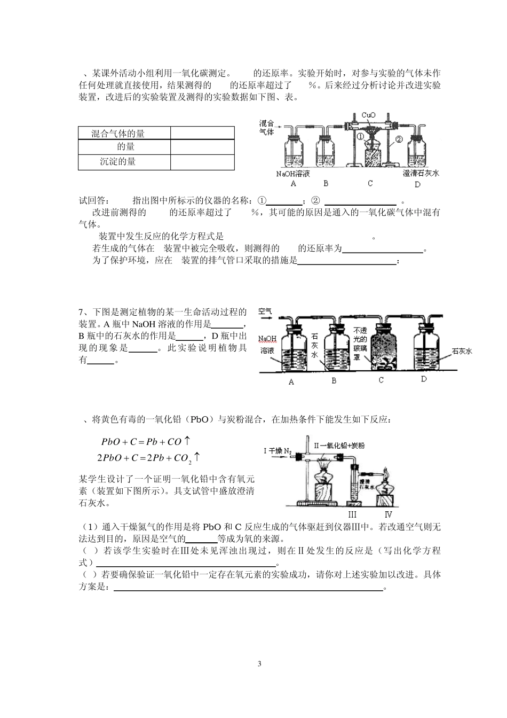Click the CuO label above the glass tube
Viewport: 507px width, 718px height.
369,115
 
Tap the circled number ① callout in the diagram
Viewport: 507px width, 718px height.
360,136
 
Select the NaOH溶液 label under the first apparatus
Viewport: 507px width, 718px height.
293,174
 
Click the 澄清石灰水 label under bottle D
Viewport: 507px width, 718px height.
421,173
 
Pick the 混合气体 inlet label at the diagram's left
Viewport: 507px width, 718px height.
266,128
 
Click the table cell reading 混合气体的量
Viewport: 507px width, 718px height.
118,134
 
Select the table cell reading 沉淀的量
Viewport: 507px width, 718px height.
118,161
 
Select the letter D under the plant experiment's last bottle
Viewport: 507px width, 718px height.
424,379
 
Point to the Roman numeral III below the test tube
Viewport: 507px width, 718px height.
352,514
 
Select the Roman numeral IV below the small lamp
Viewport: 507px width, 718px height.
389,514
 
